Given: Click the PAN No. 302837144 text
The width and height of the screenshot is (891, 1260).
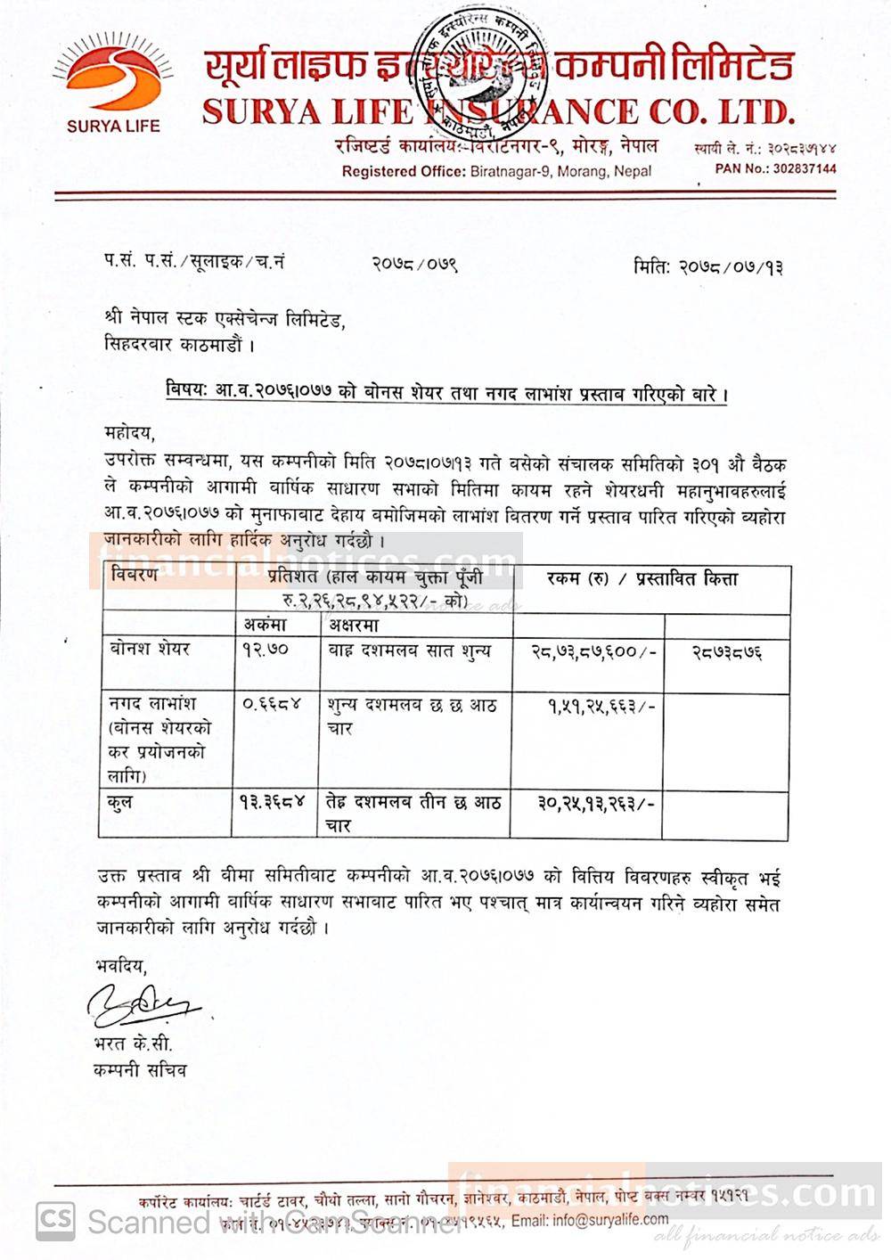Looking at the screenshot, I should click(x=775, y=168).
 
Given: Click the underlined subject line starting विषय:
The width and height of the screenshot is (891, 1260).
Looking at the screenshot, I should click(x=445, y=392).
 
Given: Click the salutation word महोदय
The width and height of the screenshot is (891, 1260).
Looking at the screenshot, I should click(x=128, y=434).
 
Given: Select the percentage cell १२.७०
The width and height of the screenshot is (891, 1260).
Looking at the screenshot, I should click(x=266, y=650).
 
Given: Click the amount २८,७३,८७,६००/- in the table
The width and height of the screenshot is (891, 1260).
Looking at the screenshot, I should click(x=593, y=651).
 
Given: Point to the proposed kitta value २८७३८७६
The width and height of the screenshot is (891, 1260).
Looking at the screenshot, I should click(x=726, y=651).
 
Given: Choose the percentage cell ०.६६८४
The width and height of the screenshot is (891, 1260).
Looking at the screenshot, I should click(x=273, y=703).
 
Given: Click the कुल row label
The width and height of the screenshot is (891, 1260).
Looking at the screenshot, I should click(x=122, y=802).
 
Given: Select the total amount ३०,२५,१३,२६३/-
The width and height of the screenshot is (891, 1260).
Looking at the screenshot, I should click(x=597, y=803).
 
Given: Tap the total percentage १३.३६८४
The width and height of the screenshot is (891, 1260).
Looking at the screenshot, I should click(x=273, y=802).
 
